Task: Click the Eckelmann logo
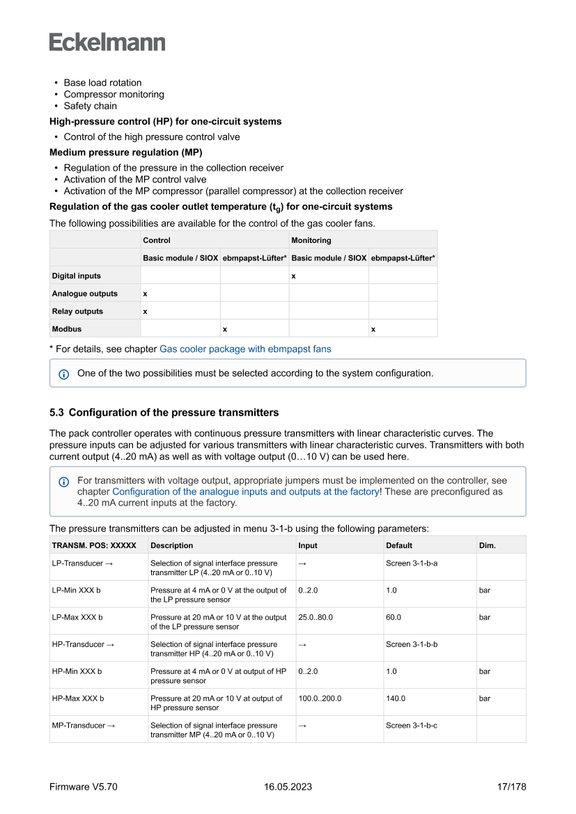pyautogui.click(x=107, y=42)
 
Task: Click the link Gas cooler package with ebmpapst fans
pyautogui.click(x=245, y=349)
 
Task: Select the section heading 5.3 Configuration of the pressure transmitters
pyautogui.click(x=164, y=412)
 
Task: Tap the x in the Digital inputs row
pyautogui.click(x=294, y=276)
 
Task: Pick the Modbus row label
pyautogui.click(x=67, y=329)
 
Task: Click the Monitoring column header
pyautogui.click(x=311, y=240)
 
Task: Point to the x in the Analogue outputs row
pyautogui.click(x=145, y=294)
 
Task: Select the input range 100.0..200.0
pyautogui.click(x=320, y=698)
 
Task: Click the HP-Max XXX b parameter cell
pyautogui.click(x=77, y=698)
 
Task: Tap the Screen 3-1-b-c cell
pyautogui.click(x=412, y=726)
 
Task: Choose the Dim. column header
pyautogui.click(x=488, y=545)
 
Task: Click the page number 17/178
pyautogui.click(x=511, y=787)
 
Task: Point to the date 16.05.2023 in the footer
pyautogui.click(x=288, y=787)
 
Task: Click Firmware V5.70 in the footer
pyautogui.click(x=84, y=787)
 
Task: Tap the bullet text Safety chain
pyautogui.click(x=91, y=106)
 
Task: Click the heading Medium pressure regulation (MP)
pyautogui.click(x=126, y=152)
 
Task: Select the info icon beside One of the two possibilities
pyautogui.click(x=64, y=374)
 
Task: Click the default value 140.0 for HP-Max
pyautogui.click(x=396, y=698)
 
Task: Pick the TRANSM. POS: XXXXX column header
pyautogui.click(x=94, y=545)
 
